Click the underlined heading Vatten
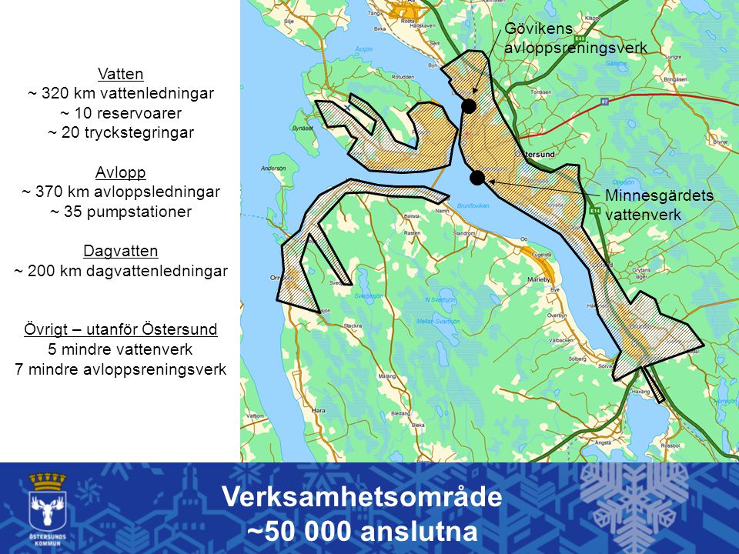tap(121, 74)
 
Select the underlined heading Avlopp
tap(121, 172)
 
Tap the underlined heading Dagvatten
tap(121, 251)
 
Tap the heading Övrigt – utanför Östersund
tap(121, 329)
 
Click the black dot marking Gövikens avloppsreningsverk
tap(468, 105)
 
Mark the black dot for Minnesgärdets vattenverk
tap(477, 179)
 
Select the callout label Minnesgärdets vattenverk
tap(659, 205)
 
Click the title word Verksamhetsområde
tap(362, 498)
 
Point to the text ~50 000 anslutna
tap(362, 532)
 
